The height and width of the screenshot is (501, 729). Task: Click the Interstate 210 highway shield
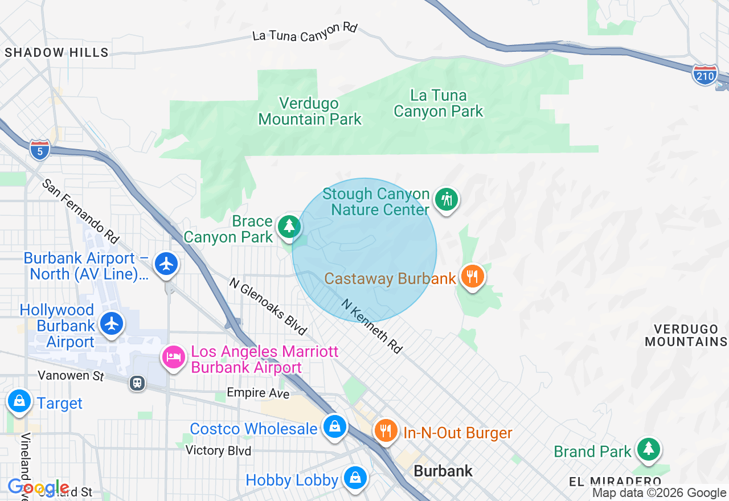tap(705, 75)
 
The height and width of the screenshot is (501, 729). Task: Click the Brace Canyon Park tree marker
tap(289, 227)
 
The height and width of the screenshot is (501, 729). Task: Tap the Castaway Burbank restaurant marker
tap(472, 277)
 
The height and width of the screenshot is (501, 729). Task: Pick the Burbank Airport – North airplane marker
tap(166, 264)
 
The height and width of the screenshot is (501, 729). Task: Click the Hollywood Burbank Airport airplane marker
tap(112, 323)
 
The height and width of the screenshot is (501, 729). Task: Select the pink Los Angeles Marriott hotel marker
tap(174, 358)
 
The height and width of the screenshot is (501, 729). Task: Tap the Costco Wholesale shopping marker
tap(334, 426)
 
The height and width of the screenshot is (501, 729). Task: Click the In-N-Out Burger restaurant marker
tap(386, 430)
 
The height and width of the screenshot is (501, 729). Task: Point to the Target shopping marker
tap(19, 401)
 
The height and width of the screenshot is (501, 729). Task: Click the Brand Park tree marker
tap(648, 449)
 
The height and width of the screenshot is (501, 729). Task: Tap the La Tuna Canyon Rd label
tap(305, 32)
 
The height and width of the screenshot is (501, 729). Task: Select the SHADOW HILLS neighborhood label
tap(56, 52)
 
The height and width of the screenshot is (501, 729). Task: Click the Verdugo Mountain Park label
tap(310, 111)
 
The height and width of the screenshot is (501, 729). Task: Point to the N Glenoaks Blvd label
tap(268, 306)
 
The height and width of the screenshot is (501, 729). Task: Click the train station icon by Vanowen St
tap(137, 383)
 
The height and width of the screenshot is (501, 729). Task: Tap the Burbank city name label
tap(443, 471)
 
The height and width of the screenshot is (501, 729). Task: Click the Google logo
tap(38, 488)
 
